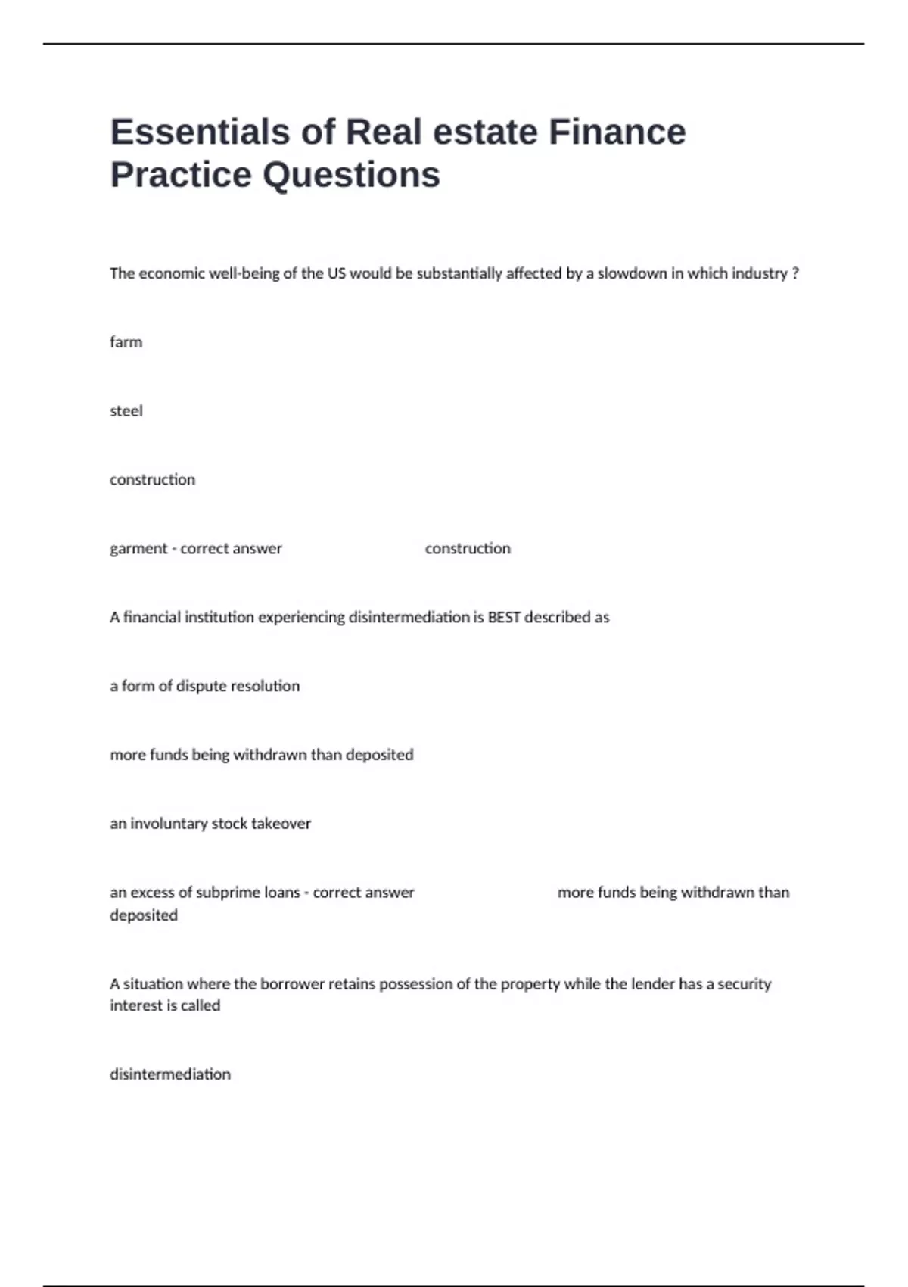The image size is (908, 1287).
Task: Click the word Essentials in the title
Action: pyautogui.click(x=200, y=132)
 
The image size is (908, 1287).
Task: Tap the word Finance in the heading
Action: pyautogui.click(x=617, y=132)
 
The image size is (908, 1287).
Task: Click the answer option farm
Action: pyautogui.click(x=126, y=342)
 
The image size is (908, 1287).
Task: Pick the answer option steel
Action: pyautogui.click(x=126, y=411)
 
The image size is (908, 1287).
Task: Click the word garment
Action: pyautogui.click(x=138, y=549)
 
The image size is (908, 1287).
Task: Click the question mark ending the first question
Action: pyautogui.click(x=795, y=273)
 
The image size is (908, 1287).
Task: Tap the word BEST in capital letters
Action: pyautogui.click(x=504, y=618)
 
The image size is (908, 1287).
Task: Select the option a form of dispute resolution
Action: pyautogui.click(x=204, y=686)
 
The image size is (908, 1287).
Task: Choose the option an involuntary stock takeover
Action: pyautogui.click(x=210, y=824)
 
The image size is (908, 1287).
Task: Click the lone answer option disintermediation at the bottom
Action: pyautogui.click(x=170, y=1074)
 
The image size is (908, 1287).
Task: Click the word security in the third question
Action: pyautogui.click(x=744, y=984)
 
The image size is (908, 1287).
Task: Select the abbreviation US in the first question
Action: pyautogui.click(x=336, y=273)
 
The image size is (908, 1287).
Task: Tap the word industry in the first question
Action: pyautogui.click(x=759, y=273)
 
